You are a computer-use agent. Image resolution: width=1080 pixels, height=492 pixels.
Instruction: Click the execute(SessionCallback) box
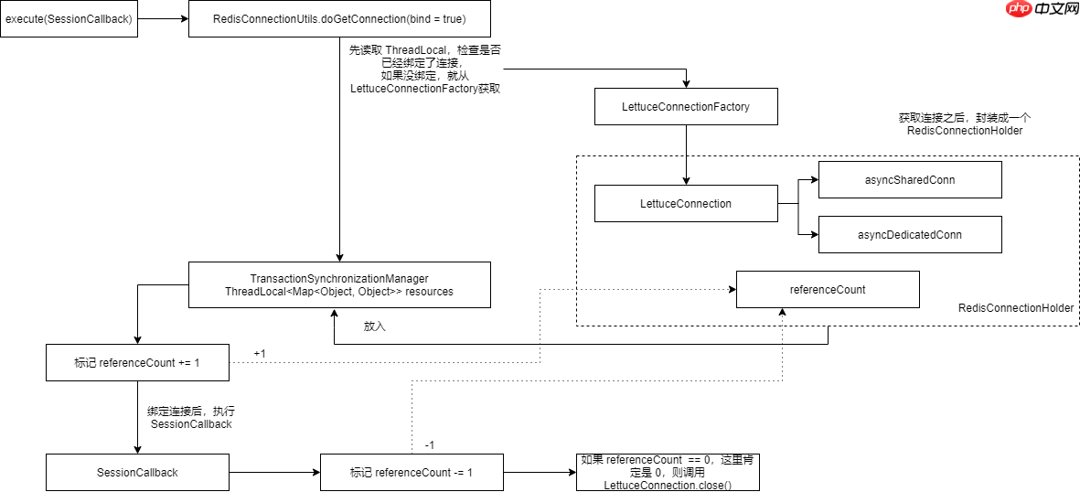click(69, 18)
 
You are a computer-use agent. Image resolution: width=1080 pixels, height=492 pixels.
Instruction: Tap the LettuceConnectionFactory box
click(685, 107)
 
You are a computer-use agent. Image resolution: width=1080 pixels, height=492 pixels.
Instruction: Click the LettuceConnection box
click(685, 204)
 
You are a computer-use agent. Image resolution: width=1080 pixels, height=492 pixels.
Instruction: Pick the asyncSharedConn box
click(910, 180)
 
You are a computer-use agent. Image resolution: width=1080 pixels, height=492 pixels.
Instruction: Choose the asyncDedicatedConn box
click(910, 235)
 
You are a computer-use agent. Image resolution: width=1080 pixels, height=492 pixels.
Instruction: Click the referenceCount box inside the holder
click(827, 290)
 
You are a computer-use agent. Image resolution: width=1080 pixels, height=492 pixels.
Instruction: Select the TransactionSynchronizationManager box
click(339, 284)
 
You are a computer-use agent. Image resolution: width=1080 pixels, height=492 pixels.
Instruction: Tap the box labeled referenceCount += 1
click(136, 363)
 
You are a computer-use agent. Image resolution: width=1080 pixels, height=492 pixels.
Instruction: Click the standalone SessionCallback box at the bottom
click(136, 473)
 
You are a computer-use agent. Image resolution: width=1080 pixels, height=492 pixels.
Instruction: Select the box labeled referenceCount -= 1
click(411, 473)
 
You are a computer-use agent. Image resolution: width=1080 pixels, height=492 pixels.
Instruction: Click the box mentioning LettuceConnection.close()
click(668, 472)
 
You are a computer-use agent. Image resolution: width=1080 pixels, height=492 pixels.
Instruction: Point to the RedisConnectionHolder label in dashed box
click(1015, 309)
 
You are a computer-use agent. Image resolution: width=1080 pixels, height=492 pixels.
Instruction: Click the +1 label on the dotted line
click(260, 354)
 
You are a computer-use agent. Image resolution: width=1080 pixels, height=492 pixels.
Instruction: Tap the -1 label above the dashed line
click(430, 445)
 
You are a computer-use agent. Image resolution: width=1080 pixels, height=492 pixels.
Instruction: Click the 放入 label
click(375, 326)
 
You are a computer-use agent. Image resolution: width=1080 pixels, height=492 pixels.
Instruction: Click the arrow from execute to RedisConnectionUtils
click(163, 18)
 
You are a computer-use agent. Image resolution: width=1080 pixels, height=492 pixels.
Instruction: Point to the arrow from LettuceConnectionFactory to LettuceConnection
click(685, 155)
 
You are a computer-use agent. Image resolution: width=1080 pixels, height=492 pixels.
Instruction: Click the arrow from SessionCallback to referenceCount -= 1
click(273, 473)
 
